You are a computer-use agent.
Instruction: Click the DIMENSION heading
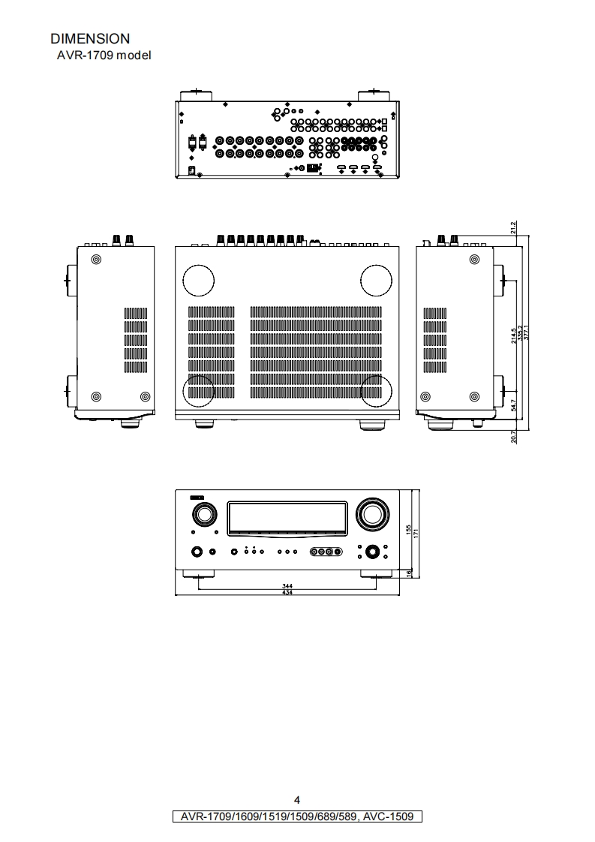click(x=89, y=38)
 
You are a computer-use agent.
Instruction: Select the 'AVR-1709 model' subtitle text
click(x=104, y=55)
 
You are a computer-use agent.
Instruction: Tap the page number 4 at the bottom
click(x=297, y=800)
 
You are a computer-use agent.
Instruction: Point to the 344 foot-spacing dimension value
click(x=287, y=585)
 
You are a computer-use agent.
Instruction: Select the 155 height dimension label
click(x=408, y=530)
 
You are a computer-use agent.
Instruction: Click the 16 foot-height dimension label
click(x=408, y=573)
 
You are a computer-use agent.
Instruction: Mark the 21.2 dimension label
click(x=513, y=226)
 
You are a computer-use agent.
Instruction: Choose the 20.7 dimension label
click(x=513, y=437)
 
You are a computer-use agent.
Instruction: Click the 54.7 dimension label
click(x=513, y=405)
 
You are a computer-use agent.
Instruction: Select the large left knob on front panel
click(x=203, y=515)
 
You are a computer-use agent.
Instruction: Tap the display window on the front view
click(x=287, y=517)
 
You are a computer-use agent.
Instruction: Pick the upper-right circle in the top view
click(x=376, y=280)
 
